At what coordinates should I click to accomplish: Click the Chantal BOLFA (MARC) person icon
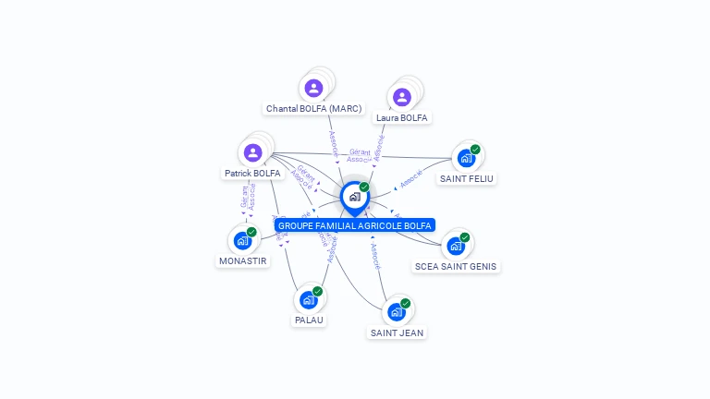(x=313, y=89)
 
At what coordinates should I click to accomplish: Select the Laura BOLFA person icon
(x=401, y=97)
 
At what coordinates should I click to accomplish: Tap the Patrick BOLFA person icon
(x=252, y=152)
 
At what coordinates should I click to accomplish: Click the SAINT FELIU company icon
(x=466, y=158)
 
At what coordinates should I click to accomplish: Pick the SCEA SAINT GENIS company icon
(x=455, y=247)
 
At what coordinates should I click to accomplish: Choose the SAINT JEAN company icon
(x=396, y=312)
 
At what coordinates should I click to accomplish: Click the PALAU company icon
(x=308, y=299)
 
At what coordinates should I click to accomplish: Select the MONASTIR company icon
(x=242, y=240)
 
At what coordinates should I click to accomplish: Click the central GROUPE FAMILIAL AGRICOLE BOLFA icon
(x=354, y=197)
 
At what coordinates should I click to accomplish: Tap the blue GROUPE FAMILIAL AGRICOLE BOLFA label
(x=354, y=225)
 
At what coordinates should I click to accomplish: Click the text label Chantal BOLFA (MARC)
(x=313, y=109)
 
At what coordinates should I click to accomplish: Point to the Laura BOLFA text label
(x=402, y=118)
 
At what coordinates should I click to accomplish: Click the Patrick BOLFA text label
(x=252, y=174)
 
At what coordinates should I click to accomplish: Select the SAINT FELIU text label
(x=466, y=179)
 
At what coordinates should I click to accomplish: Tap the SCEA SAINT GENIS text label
(x=456, y=267)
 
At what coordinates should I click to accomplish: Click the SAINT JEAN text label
(x=397, y=332)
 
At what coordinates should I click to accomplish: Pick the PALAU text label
(x=309, y=320)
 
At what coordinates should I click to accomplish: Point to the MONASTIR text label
(x=242, y=261)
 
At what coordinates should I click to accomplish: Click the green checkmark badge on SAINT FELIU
(x=475, y=149)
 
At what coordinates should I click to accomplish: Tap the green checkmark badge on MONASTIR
(x=251, y=232)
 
